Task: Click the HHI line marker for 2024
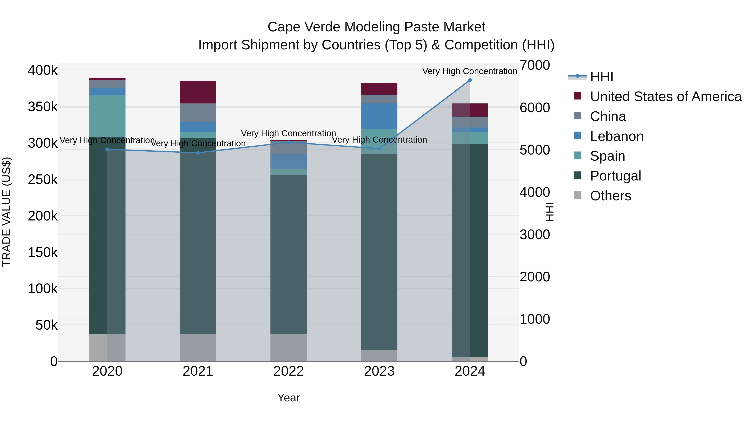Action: [470, 80]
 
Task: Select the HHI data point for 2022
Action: [288, 142]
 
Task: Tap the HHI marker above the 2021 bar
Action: [198, 153]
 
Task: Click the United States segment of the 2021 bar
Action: [198, 92]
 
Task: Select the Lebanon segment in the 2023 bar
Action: [379, 116]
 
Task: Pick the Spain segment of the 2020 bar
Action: [107, 116]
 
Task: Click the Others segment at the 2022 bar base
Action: [288, 347]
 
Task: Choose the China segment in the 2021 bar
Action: [198, 113]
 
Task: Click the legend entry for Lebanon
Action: [616, 136]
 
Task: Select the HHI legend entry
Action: [601, 77]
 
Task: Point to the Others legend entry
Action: [610, 196]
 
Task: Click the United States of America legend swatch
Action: [577, 96]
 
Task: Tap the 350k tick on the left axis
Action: [43, 107]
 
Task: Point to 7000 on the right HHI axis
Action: [535, 65]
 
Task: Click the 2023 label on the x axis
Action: [379, 371]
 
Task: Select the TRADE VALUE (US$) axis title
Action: [6, 212]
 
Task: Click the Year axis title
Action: [288, 398]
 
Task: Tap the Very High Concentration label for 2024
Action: [470, 71]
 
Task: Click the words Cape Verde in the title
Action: [304, 27]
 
